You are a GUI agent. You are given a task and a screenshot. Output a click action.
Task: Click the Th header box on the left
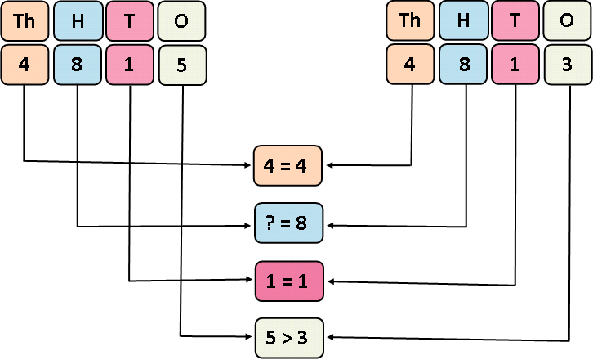pyautogui.click(x=25, y=22)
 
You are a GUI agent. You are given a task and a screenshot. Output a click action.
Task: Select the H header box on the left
pyautogui.click(x=78, y=22)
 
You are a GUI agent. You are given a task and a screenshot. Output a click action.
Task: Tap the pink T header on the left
pyautogui.click(x=130, y=22)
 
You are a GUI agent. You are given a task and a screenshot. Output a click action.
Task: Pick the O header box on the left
pyautogui.click(x=181, y=22)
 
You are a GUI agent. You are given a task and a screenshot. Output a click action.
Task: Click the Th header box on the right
pyautogui.click(x=410, y=22)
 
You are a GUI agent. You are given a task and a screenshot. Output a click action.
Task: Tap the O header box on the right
pyautogui.click(x=568, y=22)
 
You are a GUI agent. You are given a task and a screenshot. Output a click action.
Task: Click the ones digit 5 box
pyautogui.click(x=181, y=65)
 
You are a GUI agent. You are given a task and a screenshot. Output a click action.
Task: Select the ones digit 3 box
pyautogui.click(x=568, y=65)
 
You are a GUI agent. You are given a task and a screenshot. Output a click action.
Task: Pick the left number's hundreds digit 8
pyautogui.click(x=78, y=65)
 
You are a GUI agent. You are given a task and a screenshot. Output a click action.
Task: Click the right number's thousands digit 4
pyautogui.click(x=410, y=65)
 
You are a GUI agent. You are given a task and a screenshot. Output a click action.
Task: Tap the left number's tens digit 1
pyautogui.click(x=130, y=65)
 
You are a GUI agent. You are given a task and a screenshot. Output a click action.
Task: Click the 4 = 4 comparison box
pyautogui.click(x=289, y=165)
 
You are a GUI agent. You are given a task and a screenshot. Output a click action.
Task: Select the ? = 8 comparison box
pyautogui.click(x=289, y=223)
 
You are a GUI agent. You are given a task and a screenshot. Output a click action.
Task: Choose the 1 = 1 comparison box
pyautogui.click(x=289, y=280)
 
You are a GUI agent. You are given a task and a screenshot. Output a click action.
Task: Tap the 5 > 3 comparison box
pyautogui.click(x=289, y=336)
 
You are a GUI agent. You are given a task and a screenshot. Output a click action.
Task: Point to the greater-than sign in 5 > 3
pyautogui.click(x=289, y=336)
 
